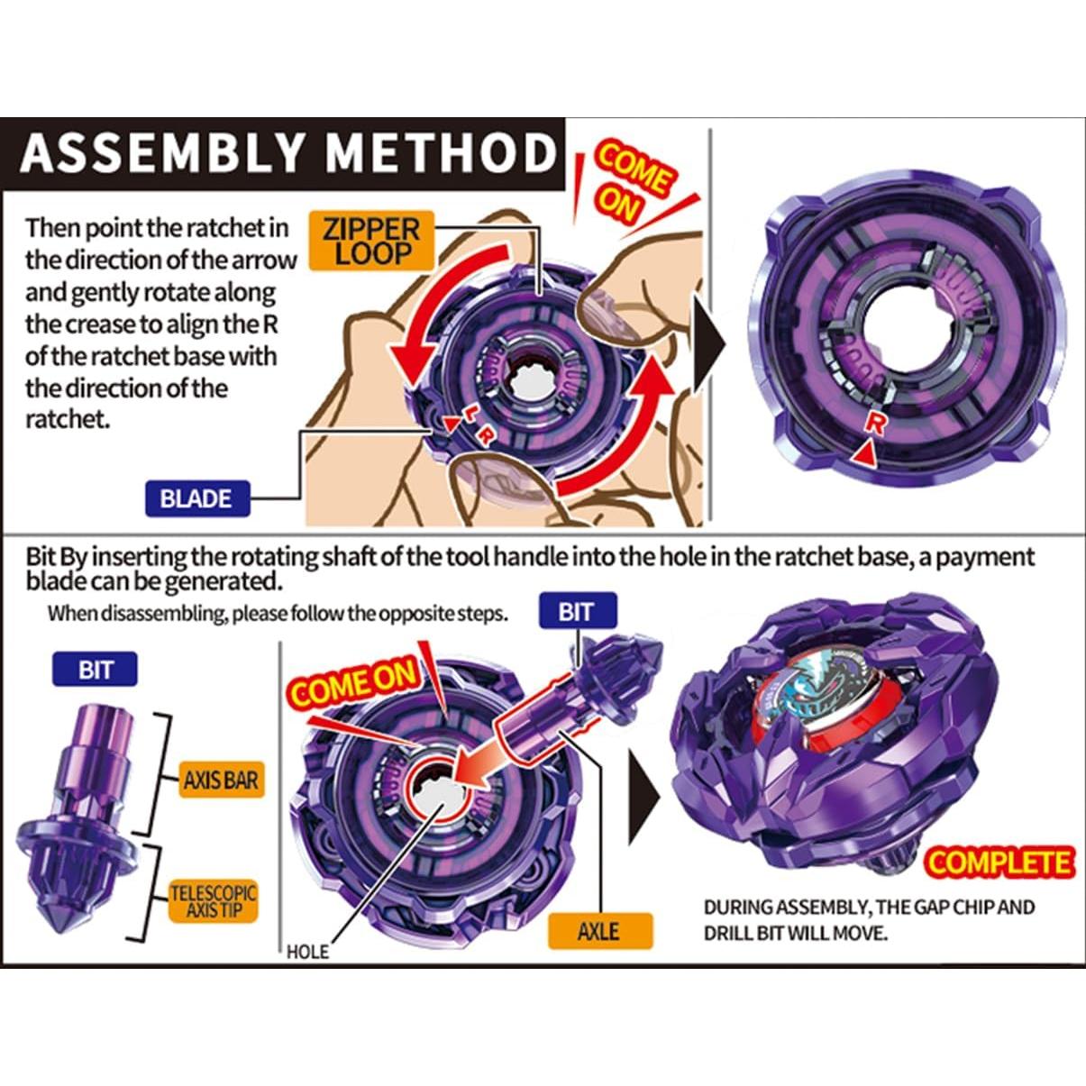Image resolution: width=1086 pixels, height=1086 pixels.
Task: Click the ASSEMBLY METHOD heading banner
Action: [x=287, y=153]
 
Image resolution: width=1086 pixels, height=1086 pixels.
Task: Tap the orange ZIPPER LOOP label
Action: [x=371, y=242]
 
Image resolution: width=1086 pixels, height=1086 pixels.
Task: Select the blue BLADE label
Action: [x=196, y=498]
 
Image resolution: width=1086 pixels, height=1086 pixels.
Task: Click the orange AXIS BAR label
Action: [x=220, y=780]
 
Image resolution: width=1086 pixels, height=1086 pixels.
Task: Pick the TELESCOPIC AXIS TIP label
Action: [x=214, y=902]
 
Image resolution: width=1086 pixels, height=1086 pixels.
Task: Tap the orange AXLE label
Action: [x=599, y=930]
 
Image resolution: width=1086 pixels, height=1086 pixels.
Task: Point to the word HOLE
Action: [x=307, y=952]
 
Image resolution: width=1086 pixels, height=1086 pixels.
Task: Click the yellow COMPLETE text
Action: [x=999, y=862]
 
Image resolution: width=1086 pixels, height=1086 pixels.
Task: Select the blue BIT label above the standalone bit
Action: [x=96, y=670]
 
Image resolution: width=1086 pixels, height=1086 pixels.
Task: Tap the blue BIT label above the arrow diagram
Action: [x=576, y=612]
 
